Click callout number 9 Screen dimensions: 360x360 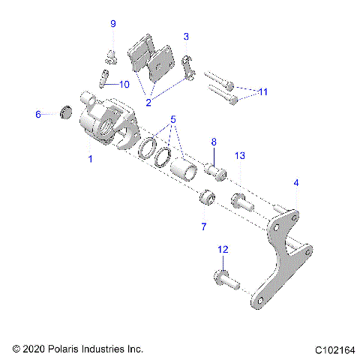click(x=113, y=25)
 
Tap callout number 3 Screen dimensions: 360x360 click(x=186, y=36)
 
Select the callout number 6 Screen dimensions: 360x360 click(x=38, y=115)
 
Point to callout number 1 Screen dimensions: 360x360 click(x=91, y=159)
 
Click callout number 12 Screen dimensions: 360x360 click(x=222, y=249)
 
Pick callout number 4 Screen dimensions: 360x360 click(x=296, y=182)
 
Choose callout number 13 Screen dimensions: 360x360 click(x=240, y=155)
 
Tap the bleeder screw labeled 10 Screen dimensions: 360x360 click(x=103, y=78)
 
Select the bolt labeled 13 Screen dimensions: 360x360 click(x=242, y=201)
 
